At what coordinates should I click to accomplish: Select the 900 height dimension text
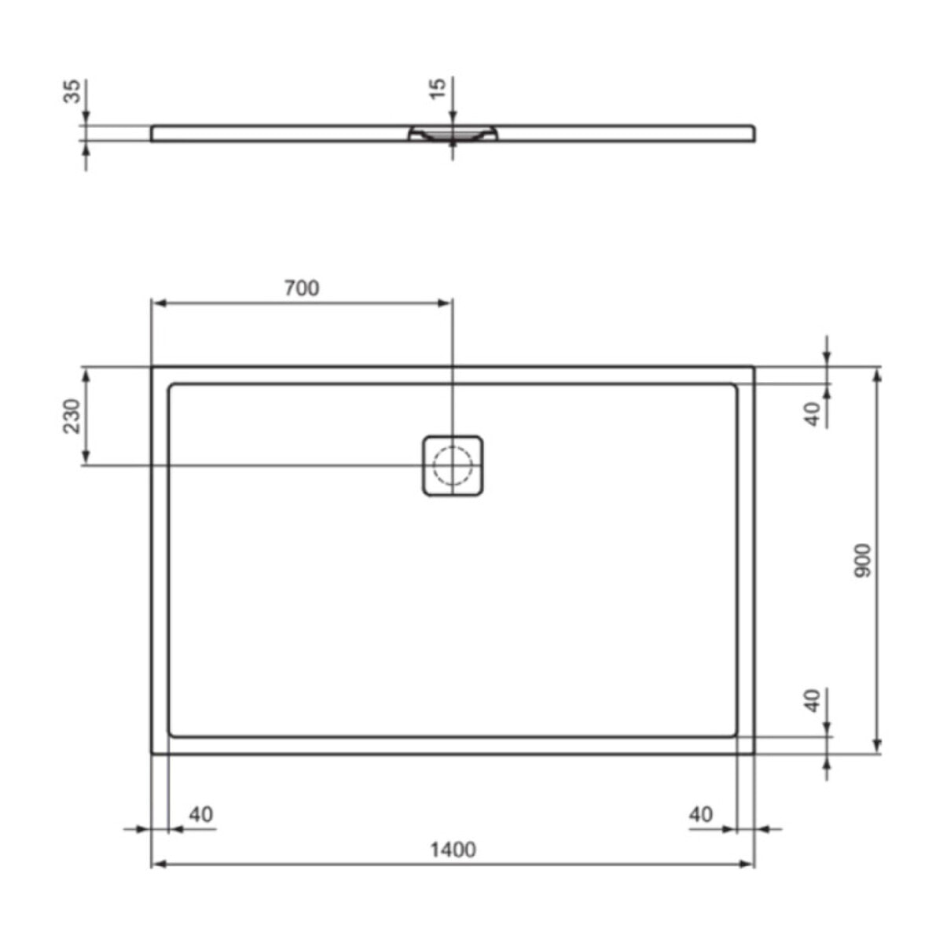coord(862,560)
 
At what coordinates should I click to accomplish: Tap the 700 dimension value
coord(302,288)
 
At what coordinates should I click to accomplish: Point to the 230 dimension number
coord(72,416)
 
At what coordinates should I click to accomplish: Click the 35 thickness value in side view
coord(72,90)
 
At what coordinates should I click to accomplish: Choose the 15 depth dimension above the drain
coord(438,86)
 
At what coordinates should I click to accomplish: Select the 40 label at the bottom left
coord(200,814)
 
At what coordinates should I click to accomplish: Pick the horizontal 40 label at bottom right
coord(700,814)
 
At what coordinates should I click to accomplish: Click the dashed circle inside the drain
coord(453,464)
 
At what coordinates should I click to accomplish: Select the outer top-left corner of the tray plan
coord(152,367)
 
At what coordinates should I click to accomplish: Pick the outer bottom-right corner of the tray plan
coord(754,753)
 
